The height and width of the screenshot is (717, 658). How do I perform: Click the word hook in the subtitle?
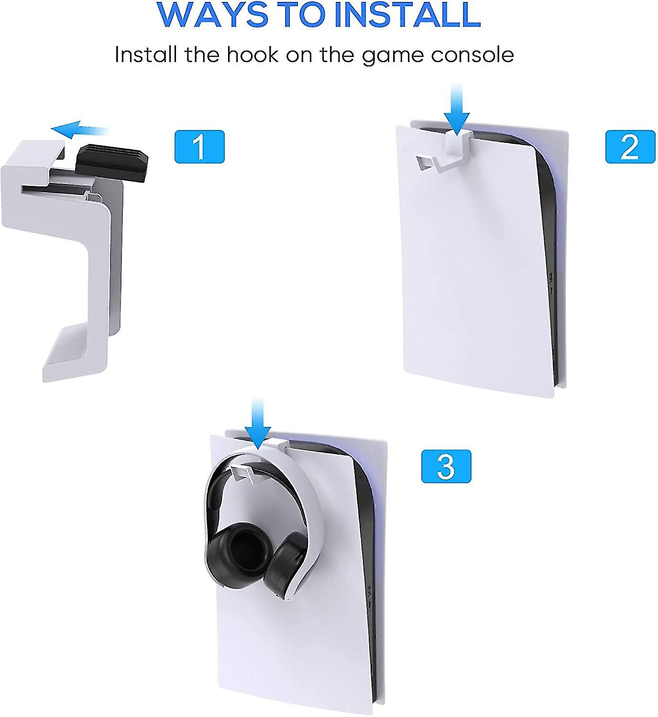(252, 55)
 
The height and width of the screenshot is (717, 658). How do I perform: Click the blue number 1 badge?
(199, 147)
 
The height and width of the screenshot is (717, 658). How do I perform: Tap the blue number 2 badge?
(630, 147)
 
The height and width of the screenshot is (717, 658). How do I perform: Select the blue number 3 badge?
(446, 466)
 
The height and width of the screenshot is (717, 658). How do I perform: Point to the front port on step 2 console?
(550, 277)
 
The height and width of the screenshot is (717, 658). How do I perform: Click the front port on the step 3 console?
(369, 591)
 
